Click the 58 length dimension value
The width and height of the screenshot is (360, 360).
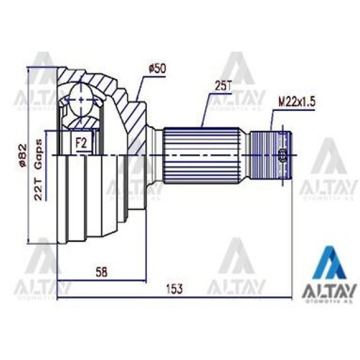102,272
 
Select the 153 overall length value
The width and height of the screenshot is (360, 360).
173,289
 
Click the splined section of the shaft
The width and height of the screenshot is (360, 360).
204,155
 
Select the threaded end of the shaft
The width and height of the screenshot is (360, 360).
270,155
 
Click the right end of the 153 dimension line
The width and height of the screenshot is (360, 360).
290,298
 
